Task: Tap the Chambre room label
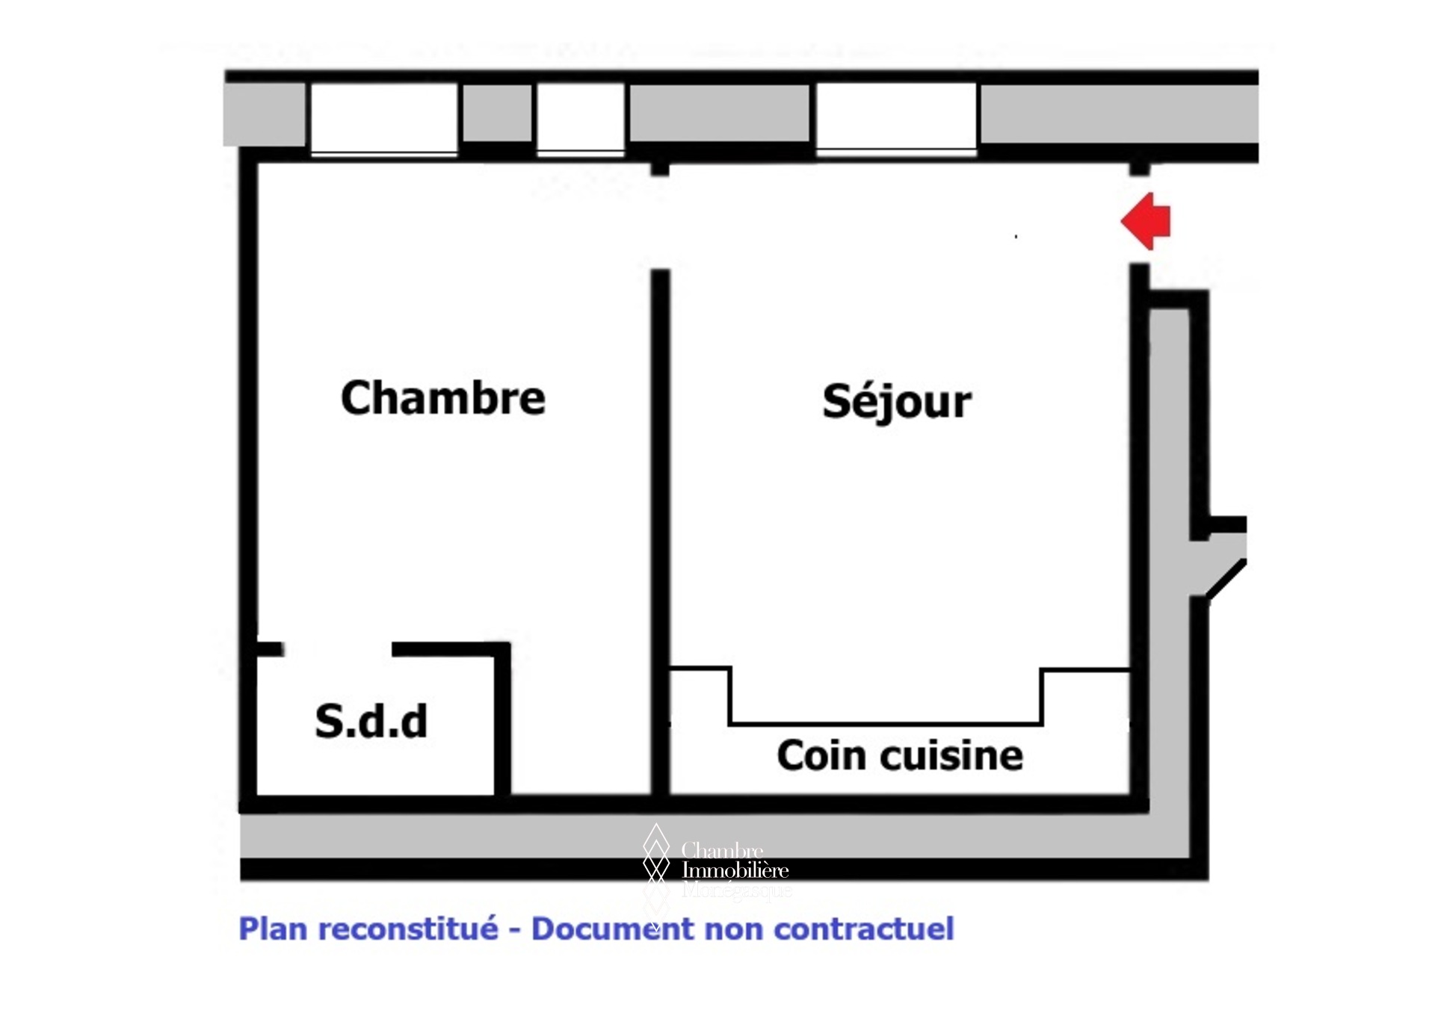(442, 398)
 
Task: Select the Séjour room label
(896, 402)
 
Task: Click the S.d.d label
(371, 721)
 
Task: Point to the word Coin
(821, 755)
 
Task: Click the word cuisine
(952, 755)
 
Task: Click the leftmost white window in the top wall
(384, 118)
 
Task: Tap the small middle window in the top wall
(581, 117)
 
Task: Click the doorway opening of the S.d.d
(338, 649)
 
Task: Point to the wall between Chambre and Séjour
(660, 523)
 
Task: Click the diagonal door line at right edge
(1226, 579)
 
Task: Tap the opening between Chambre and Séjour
(660, 222)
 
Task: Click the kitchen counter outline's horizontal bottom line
(886, 723)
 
